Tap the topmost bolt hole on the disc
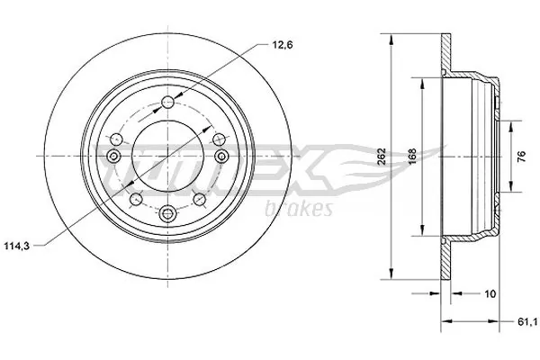(168, 101)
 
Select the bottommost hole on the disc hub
(168, 214)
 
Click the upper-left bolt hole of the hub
(118, 137)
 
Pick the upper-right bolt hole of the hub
(219, 137)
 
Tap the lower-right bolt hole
(201, 197)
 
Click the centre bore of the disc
(168, 157)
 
